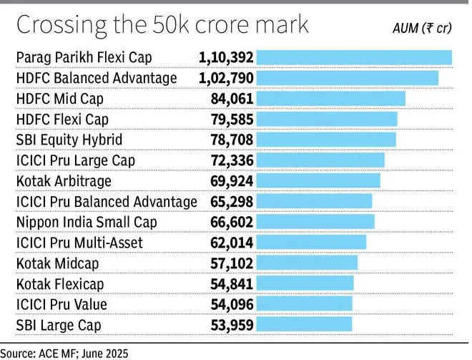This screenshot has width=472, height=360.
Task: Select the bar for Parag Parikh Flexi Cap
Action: [x=354, y=57]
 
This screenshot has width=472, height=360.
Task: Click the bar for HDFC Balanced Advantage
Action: [x=347, y=78]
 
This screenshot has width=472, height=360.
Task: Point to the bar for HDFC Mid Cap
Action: [x=330, y=99]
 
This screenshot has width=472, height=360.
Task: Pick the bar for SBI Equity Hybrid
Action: [x=325, y=140]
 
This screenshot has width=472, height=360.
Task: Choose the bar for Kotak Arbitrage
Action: [x=318, y=181]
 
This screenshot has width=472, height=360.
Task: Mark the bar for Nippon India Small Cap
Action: [x=315, y=222]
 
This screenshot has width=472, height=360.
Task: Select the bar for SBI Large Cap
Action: [x=304, y=325]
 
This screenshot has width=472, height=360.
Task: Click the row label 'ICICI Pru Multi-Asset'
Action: [x=79, y=243]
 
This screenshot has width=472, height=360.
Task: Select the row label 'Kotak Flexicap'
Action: [x=59, y=284]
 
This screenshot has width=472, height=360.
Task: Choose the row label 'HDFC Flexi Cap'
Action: [x=62, y=120]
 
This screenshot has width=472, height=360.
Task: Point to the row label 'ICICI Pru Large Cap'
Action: [x=75, y=160]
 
